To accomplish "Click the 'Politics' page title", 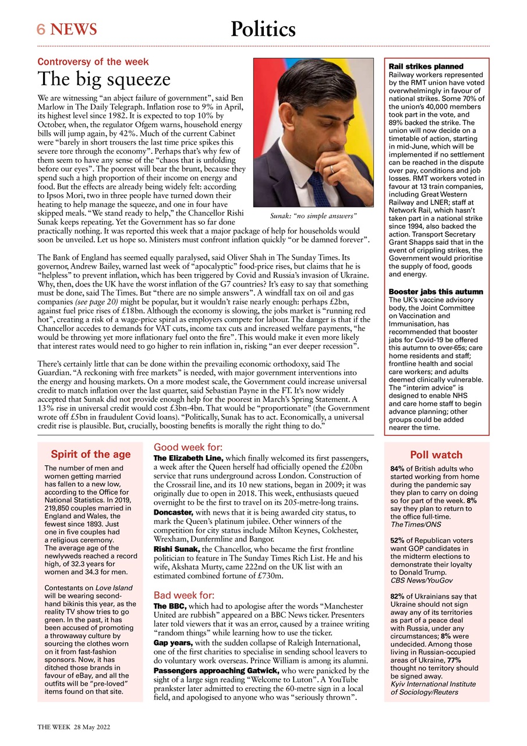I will (x=263, y=29).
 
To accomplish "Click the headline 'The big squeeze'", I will (x=104, y=79).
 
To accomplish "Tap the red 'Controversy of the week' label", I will (x=93, y=62).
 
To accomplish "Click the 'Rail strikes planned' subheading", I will (x=426, y=66).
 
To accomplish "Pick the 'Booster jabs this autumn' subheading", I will (x=436, y=291).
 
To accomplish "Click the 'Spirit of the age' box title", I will (x=90, y=455).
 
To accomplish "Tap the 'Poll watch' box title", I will (x=436, y=455).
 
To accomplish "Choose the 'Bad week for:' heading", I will (x=184, y=595).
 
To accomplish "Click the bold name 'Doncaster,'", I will (x=173, y=512).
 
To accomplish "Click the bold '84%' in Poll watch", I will (x=398, y=468).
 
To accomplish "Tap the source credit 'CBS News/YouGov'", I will (x=421, y=580).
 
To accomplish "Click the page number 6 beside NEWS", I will (x=41, y=29).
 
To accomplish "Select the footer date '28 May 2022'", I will (x=92, y=728).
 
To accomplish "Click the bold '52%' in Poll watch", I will (x=398, y=540).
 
